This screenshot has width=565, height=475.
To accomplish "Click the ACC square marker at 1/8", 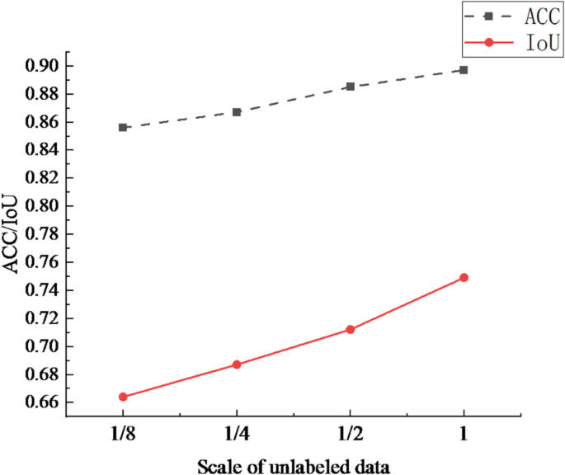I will click(x=123, y=127).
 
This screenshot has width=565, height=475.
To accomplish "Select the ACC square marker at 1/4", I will click(x=237, y=111).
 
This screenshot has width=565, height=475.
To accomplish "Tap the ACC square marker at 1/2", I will click(x=351, y=87).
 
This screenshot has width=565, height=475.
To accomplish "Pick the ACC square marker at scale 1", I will click(x=464, y=70).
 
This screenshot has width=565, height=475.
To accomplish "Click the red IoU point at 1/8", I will click(x=123, y=397).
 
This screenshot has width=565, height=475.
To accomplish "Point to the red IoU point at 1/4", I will click(x=237, y=364).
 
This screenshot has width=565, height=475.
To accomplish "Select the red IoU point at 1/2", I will click(x=351, y=330).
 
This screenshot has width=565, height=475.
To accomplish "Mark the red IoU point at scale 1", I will click(x=464, y=277).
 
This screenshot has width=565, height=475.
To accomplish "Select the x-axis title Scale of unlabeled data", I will click(x=294, y=465).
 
